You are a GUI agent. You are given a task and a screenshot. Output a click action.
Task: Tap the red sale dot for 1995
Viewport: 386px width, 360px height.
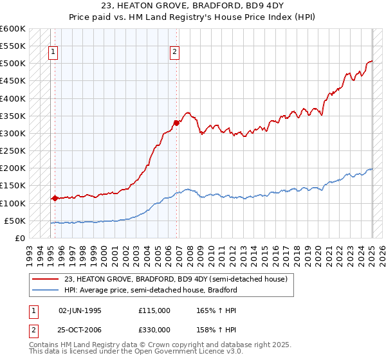click(x=55, y=198)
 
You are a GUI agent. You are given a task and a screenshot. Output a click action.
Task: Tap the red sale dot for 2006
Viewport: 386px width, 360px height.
click(x=176, y=123)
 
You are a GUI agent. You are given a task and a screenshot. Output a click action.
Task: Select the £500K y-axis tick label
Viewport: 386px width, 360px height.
click(x=13, y=64)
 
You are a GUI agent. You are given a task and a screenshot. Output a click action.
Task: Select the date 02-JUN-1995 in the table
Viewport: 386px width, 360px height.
click(x=80, y=310)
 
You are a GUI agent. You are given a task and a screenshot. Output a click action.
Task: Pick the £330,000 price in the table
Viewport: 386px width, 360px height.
click(x=154, y=330)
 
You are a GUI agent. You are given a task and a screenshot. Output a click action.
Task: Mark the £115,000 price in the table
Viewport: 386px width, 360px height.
click(x=154, y=310)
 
